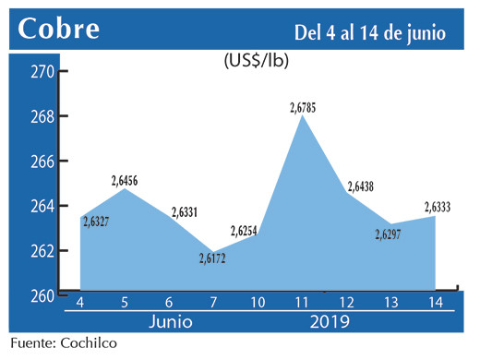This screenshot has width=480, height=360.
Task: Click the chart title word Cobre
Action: pyautogui.click(x=59, y=29)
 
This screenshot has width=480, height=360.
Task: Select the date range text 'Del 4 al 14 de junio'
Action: pyautogui.click(x=370, y=32)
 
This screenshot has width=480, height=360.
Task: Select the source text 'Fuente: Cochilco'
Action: pyautogui.click(x=65, y=343)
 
